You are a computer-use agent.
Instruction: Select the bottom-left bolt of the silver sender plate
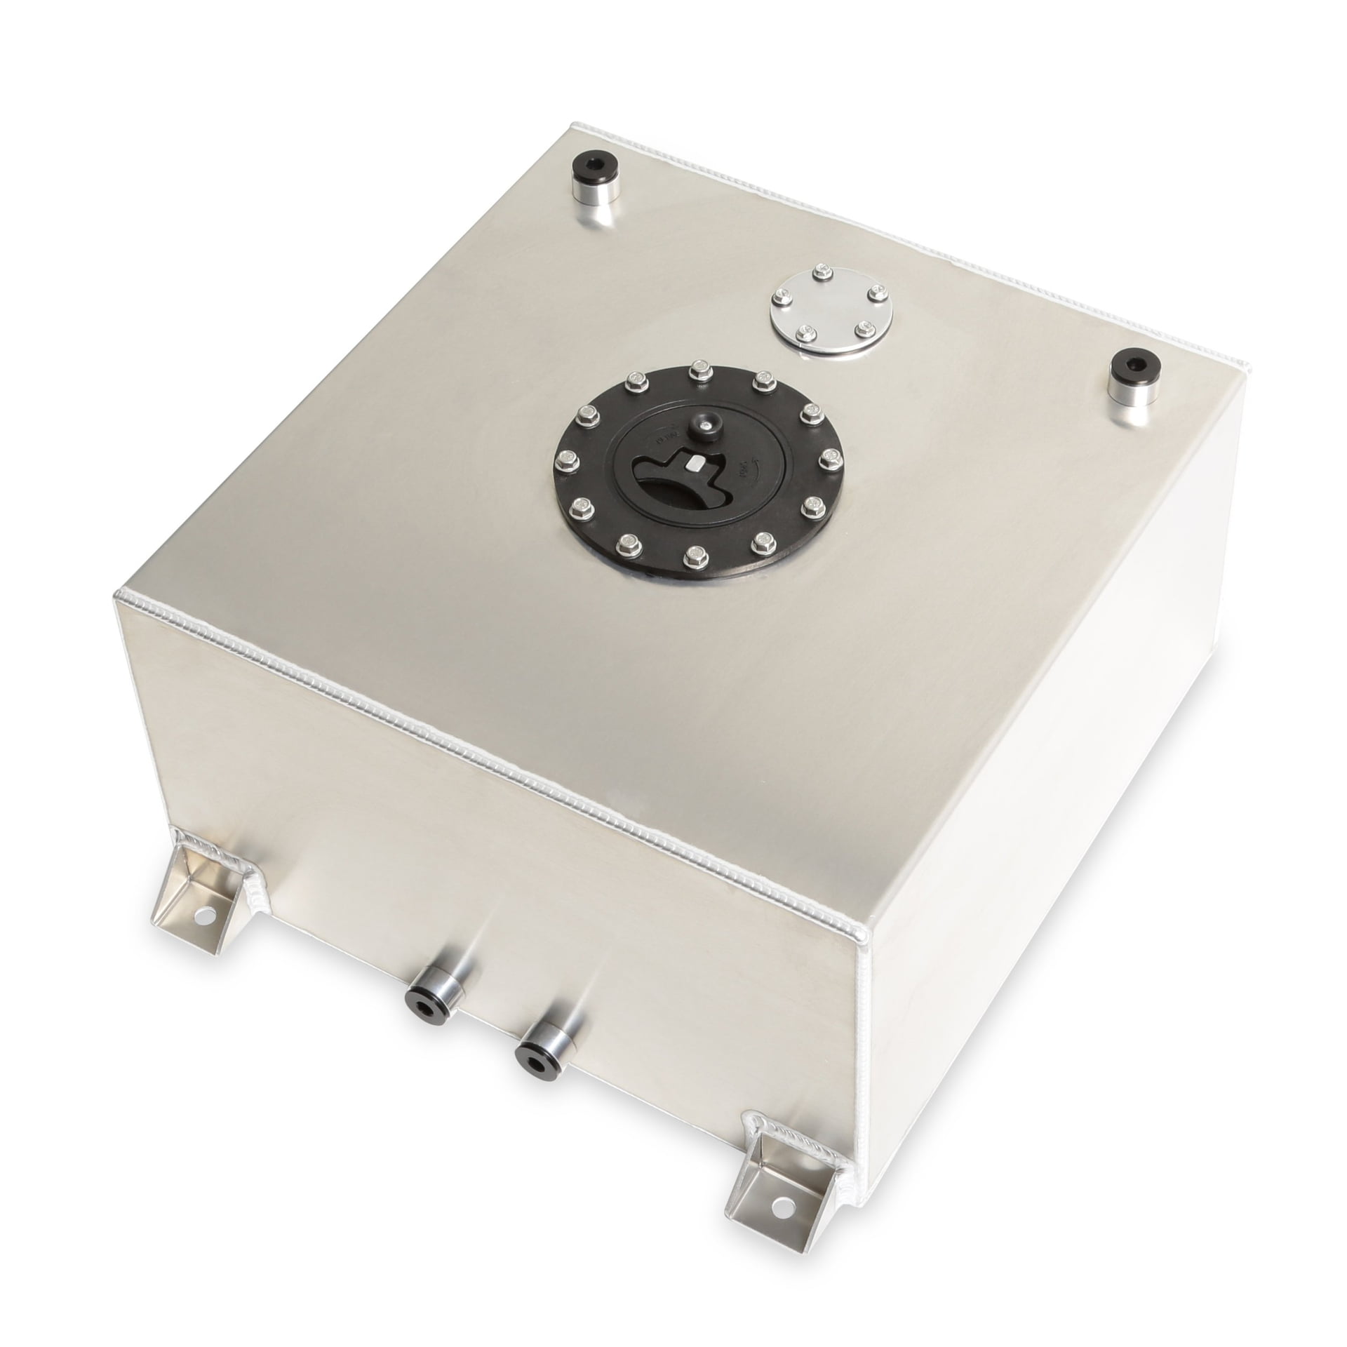coord(792,347)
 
